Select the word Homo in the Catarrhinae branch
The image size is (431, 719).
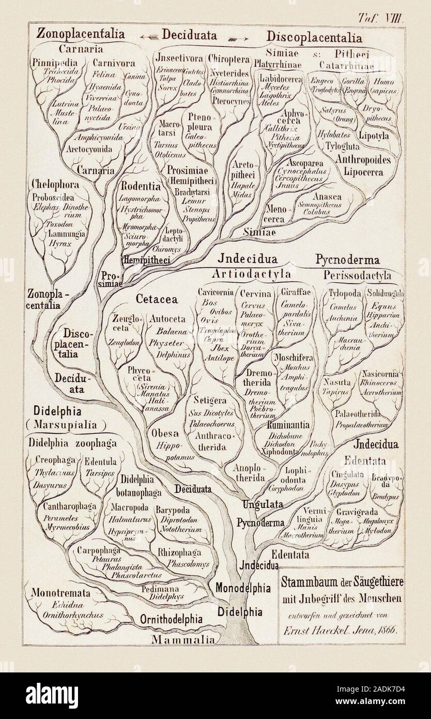click(384, 82)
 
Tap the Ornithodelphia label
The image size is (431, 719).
click(171, 619)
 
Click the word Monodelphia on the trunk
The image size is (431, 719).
click(242, 588)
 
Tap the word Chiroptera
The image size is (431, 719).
click(229, 57)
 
